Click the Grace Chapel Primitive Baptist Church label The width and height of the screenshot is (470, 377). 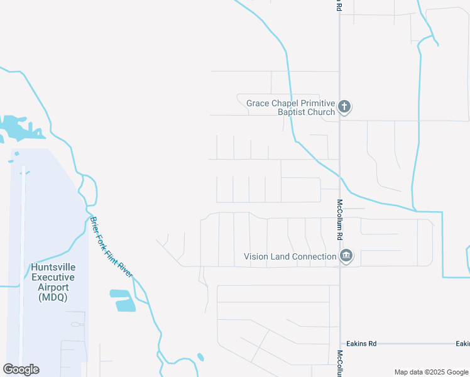point(290,107)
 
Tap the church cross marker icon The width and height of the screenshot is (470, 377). point(344,107)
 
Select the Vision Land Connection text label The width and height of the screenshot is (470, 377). point(290,256)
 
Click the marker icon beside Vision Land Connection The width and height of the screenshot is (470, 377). point(346,256)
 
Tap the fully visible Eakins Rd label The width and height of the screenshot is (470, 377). point(363,344)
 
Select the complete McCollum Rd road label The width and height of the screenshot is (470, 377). point(339,220)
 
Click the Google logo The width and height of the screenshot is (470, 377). point(21,369)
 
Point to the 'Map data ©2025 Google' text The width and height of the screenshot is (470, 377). point(431,372)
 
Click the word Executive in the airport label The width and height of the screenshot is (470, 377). point(53,277)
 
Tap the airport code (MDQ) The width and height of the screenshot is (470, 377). point(53,297)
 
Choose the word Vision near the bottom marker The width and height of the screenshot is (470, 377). point(256,256)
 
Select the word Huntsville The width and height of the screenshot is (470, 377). point(53,268)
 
